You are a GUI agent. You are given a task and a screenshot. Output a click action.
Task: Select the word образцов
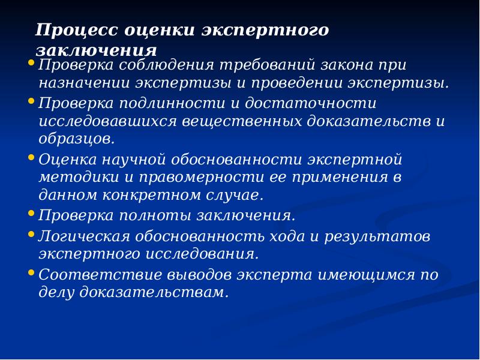[x=76, y=139]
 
